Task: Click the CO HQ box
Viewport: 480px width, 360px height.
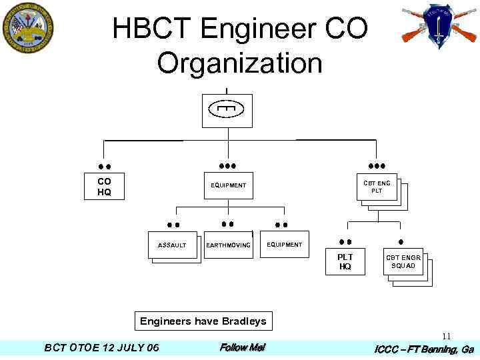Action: point(104,187)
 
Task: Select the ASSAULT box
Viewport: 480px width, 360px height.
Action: point(172,245)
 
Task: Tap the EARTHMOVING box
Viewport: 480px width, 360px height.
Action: point(228,245)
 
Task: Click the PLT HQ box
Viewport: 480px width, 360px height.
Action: point(345,261)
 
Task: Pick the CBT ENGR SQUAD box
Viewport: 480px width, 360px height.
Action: point(403,261)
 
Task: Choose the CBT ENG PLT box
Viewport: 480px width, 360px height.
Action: point(377,186)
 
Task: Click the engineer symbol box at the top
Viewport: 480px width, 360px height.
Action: point(227,110)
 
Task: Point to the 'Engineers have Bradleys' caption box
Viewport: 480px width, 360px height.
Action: point(203,321)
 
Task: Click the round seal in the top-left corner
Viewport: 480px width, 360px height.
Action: point(27,29)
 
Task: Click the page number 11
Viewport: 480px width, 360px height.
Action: point(446,337)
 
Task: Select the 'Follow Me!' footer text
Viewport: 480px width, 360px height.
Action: point(242,347)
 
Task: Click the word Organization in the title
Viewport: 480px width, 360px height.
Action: point(239,64)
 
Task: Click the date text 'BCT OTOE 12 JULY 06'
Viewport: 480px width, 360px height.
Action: point(101,348)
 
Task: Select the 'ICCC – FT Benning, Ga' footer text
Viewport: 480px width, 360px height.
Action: point(424,349)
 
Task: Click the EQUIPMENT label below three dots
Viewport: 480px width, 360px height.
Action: point(228,185)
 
